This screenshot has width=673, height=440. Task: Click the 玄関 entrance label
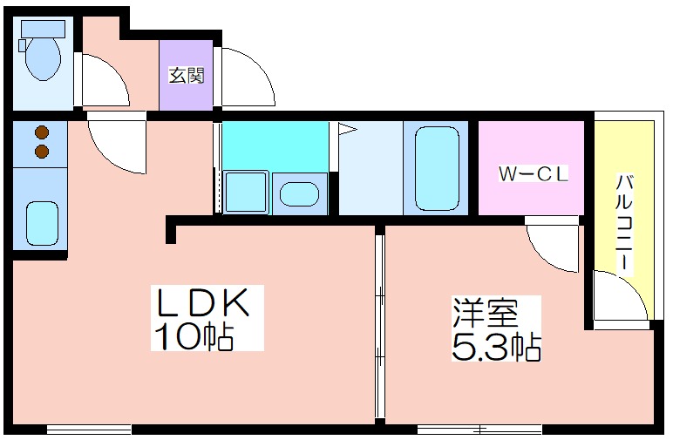tap(186, 76)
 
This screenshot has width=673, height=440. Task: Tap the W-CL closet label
tap(533, 173)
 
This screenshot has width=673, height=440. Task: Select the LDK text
tap(202, 302)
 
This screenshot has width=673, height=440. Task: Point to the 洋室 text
tap(486, 313)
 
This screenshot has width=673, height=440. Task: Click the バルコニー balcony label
tap(624, 221)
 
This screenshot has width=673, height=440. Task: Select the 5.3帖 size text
tap(496, 346)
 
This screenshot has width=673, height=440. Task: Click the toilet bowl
tap(42, 58)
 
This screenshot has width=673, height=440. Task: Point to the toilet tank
tap(43, 28)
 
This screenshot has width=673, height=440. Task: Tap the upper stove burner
tap(42, 133)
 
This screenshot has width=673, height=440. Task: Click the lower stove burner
tap(42, 151)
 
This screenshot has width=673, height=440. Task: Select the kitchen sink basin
tap(42, 224)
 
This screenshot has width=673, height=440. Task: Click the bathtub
tap(437, 168)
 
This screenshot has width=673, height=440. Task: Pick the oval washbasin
tap(299, 193)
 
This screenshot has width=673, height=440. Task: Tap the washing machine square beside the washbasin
tap(246, 193)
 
